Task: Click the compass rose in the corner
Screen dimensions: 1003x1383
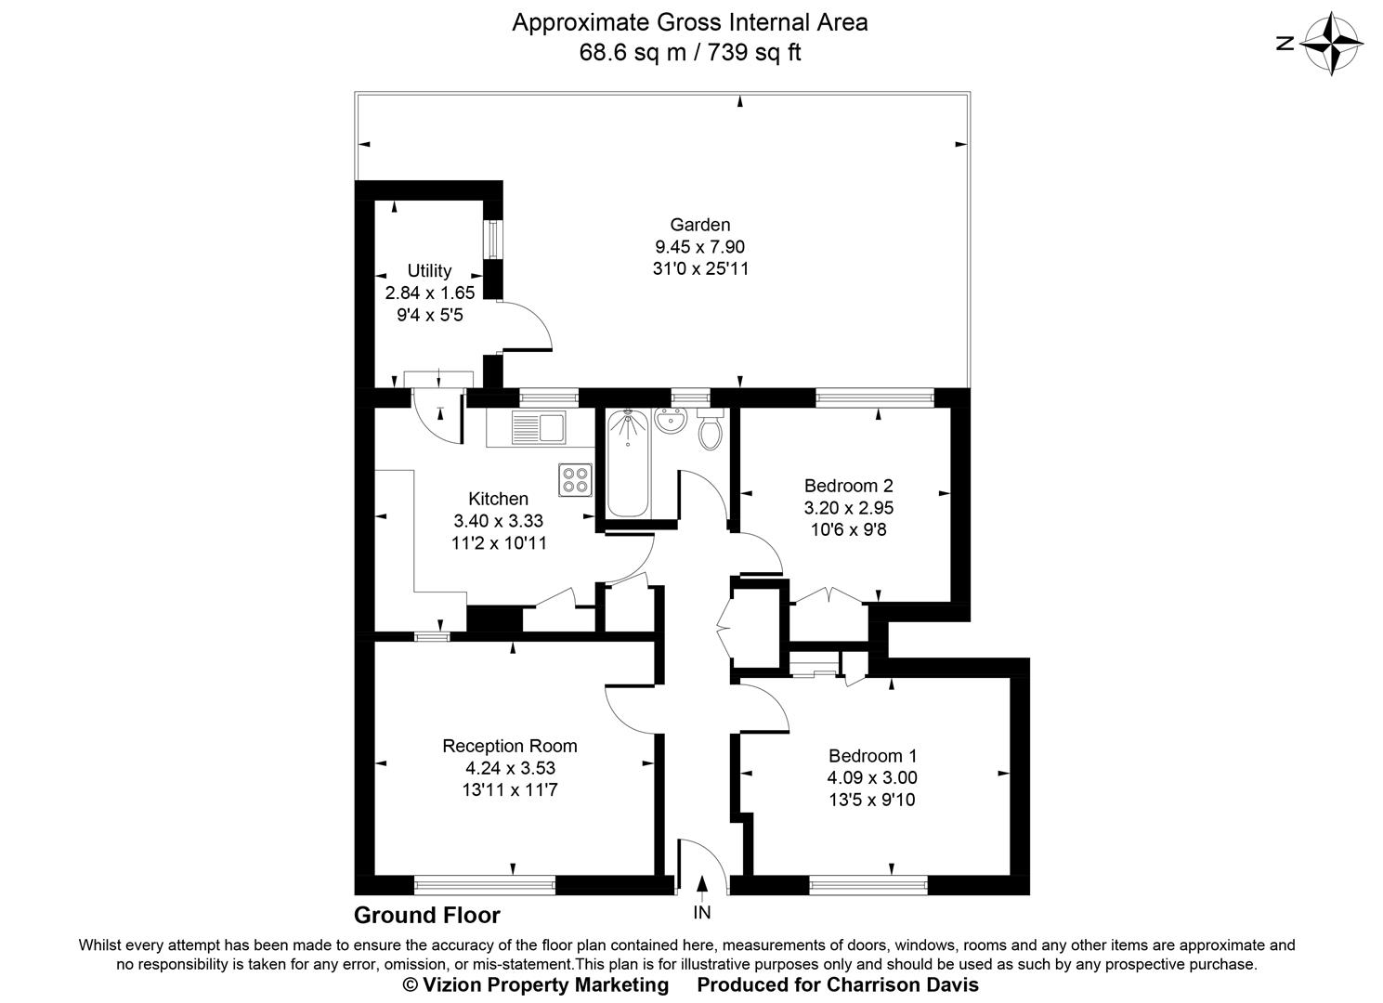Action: [x=1333, y=43]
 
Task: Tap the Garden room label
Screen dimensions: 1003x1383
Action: [x=699, y=225]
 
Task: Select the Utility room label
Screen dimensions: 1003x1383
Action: [x=429, y=270]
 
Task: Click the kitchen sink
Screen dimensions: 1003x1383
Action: [x=540, y=427]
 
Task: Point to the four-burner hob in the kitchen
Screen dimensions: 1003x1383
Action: [x=576, y=478]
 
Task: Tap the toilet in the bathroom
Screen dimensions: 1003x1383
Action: [x=711, y=431]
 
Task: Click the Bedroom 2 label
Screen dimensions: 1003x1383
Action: [x=848, y=486]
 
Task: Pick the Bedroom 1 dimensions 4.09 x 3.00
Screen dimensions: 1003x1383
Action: [x=871, y=778]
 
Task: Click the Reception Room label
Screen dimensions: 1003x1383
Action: [x=509, y=746]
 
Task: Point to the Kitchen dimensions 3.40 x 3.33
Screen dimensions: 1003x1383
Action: [x=498, y=521]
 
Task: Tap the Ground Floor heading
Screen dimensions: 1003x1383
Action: [x=426, y=916]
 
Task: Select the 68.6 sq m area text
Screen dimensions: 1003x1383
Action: [x=633, y=52]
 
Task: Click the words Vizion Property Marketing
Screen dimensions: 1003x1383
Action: [x=545, y=984]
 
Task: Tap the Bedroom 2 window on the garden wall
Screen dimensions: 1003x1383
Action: [x=874, y=397]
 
